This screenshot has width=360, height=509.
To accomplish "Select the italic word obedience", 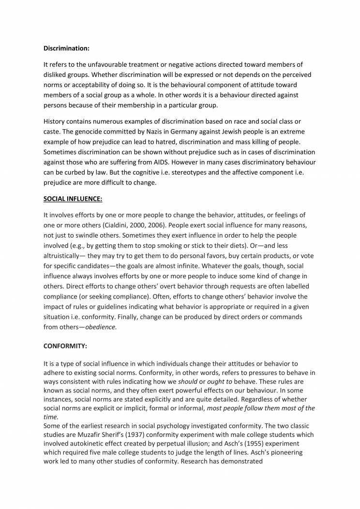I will [101, 327].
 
